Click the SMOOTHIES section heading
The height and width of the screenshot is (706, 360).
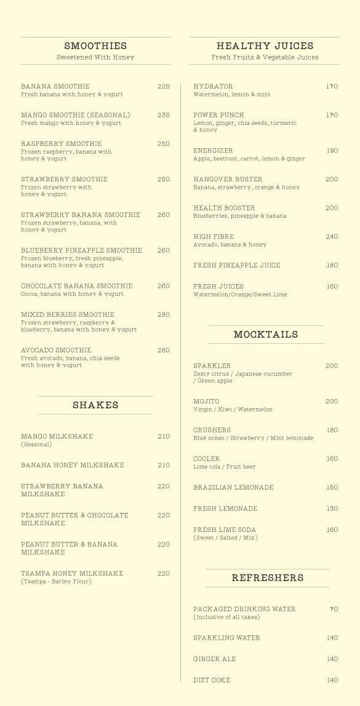pyautogui.click(x=95, y=46)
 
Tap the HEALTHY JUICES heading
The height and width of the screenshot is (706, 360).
pyautogui.click(x=265, y=46)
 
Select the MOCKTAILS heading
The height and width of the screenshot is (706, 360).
pyautogui.click(x=266, y=335)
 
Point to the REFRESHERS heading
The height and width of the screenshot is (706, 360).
pyautogui.click(x=268, y=578)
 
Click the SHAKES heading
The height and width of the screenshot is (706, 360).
pyautogui.click(x=95, y=405)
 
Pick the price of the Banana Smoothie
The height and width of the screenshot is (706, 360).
pyautogui.click(x=163, y=87)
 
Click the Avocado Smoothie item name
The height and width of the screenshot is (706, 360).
pyautogui.click(x=56, y=351)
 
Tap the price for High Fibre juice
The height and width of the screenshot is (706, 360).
pyautogui.click(x=332, y=237)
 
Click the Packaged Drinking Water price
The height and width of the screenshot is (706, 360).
pyautogui.click(x=334, y=609)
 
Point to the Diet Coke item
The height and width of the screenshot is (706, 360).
pyautogui.click(x=212, y=680)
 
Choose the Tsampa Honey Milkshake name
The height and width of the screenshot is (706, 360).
pyautogui.click(x=72, y=574)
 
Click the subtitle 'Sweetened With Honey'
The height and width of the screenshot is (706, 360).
pyautogui.click(x=95, y=58)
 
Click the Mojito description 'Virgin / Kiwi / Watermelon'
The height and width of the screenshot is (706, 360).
pyautogui.click(x=233, y=410)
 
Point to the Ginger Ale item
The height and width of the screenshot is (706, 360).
pyautogui.click(x=215, y=659)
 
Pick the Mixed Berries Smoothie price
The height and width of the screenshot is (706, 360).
pyautogui.click(x=163, y=315)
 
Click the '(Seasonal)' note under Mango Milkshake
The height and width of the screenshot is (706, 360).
pyautogui.click(x=36, y=445)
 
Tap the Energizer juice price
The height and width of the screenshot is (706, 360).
pyautogui.click(x=332, y=151)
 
